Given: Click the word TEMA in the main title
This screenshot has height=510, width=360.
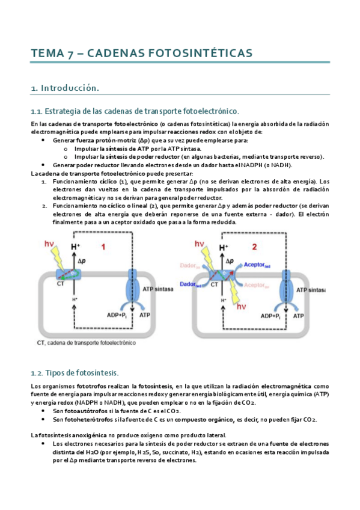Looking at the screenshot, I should [x=47, y=54].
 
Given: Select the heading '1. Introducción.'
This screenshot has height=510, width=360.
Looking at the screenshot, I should [x=64, y=88].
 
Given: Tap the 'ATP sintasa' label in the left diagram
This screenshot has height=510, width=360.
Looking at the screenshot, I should [x=157, y=289].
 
